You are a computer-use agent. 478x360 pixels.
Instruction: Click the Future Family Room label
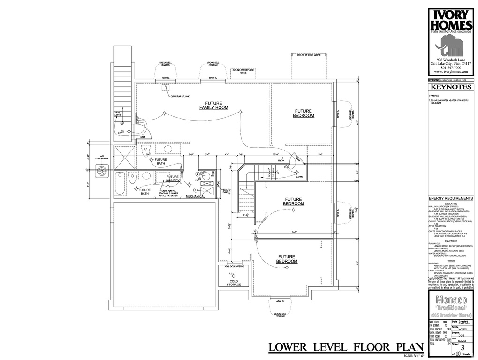tap(213, 105)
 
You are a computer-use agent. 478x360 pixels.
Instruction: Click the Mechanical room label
tap(195, 196)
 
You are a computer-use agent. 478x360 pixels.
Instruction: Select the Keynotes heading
tap(451, 87)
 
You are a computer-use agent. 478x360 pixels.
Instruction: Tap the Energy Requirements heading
tap(451, 198)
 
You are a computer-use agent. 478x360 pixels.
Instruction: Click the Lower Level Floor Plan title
tap(346, 347)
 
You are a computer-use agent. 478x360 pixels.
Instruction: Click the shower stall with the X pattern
tap(124, 157)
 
